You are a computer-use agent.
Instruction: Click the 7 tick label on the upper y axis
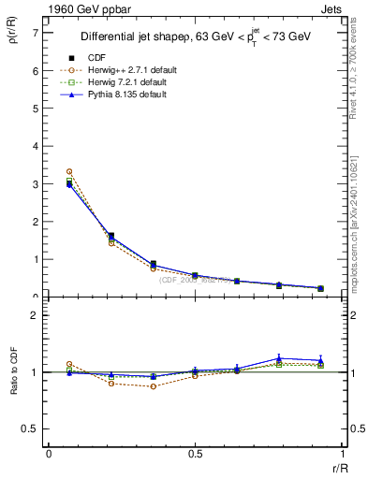coord(35,33)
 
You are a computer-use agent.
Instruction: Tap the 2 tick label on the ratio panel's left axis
coord(35,315)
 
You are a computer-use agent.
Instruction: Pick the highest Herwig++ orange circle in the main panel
coord(69,172)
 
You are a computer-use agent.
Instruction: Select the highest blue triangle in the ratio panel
coord(279,357)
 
